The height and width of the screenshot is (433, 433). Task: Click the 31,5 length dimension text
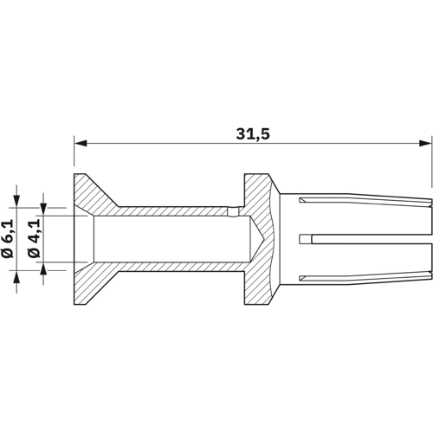(x=253, y=134)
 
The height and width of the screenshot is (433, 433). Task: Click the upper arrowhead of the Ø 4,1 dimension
(x=43, y=210)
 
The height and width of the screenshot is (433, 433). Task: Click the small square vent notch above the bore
(x=232, y=210)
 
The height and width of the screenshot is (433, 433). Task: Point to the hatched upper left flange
(x=92, y=192)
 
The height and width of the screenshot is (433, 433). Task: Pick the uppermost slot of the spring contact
(x=364, y=203)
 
